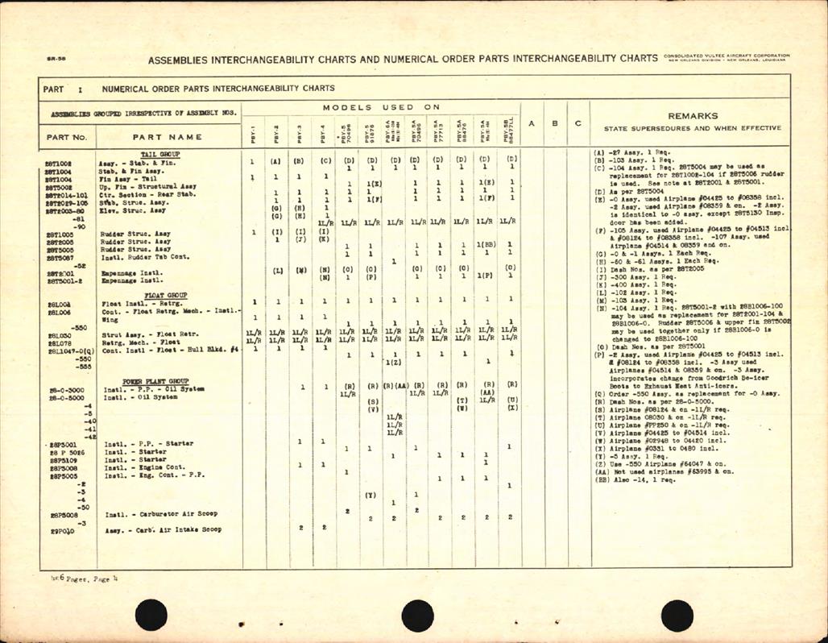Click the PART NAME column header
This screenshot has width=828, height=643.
click(x=168, y=136)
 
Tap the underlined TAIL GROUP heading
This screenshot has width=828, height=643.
click(x=160, y=154)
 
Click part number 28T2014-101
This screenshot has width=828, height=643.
click(x=67, y=194)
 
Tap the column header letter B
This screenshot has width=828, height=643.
click(x=555, y=123)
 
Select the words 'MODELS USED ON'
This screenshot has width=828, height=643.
click(x=382, y=107)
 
